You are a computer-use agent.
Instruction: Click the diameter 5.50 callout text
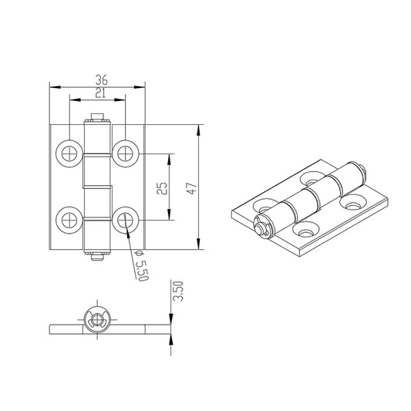(x=140, y=266)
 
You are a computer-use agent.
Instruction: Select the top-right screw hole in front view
(x=125, y=153)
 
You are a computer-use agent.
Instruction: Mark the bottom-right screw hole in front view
(x=125, y=220)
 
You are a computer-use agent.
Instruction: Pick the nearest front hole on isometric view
(x=306, y=229)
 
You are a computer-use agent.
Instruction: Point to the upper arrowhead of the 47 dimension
(x=200, y=129)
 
